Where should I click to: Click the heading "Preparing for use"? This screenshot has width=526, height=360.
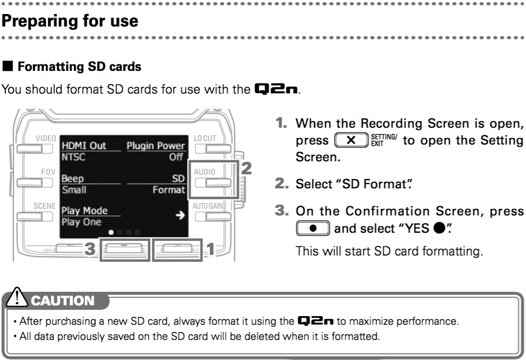tap(70, 21)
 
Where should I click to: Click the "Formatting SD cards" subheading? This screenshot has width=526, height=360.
tap(79, 67)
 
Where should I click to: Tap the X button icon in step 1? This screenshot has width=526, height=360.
tap(351, 140)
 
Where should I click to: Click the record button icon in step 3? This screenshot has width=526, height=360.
tap(313, 228)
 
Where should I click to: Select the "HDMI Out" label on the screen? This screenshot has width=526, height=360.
tap(84, 146)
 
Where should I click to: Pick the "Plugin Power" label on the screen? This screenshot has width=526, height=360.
tap(156, 146)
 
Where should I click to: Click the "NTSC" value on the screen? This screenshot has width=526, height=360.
tap(74, 157)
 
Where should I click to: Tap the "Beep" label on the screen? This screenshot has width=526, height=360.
tap(73, 179)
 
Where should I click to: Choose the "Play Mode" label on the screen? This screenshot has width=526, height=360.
tap(84, 211)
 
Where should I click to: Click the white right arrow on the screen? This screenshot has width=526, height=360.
tap(180, 215)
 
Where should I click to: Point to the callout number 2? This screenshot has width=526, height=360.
tap(246, 168)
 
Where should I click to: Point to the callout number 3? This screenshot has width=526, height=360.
tap(90, 248)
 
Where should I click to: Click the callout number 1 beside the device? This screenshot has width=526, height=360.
tap(211, 249)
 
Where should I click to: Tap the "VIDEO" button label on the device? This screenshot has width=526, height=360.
tap(46, 139)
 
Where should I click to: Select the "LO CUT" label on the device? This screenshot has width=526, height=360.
tap(205, 138)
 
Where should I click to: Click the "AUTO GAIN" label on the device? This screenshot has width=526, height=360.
tap(208, 206)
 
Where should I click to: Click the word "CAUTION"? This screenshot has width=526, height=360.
tap(63, 300)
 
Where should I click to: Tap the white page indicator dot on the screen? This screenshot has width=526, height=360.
tap(111, 232)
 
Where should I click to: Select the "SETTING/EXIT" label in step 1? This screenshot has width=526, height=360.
tap(384, 140)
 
